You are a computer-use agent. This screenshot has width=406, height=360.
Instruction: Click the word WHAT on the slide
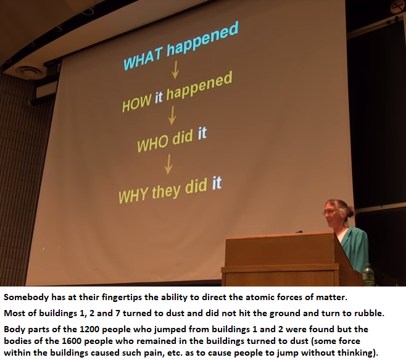click(143, 59)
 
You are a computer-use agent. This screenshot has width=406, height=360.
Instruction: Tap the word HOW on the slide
click(136, 103)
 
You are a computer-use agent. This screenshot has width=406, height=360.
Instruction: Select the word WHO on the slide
click(152, 143)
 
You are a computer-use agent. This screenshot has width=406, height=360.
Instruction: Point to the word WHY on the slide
click(133, 195)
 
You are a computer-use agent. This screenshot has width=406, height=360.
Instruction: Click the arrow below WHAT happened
click(175, 69)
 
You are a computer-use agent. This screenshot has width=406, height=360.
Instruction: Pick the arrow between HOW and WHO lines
click(172, 115)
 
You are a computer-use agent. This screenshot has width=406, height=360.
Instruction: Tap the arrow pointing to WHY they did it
click(168, 164)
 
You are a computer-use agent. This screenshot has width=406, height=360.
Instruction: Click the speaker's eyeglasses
click(329, 212)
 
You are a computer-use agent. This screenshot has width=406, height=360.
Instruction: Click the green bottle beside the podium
click(368, 275)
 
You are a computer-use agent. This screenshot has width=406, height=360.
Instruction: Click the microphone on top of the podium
click(299, 232)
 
